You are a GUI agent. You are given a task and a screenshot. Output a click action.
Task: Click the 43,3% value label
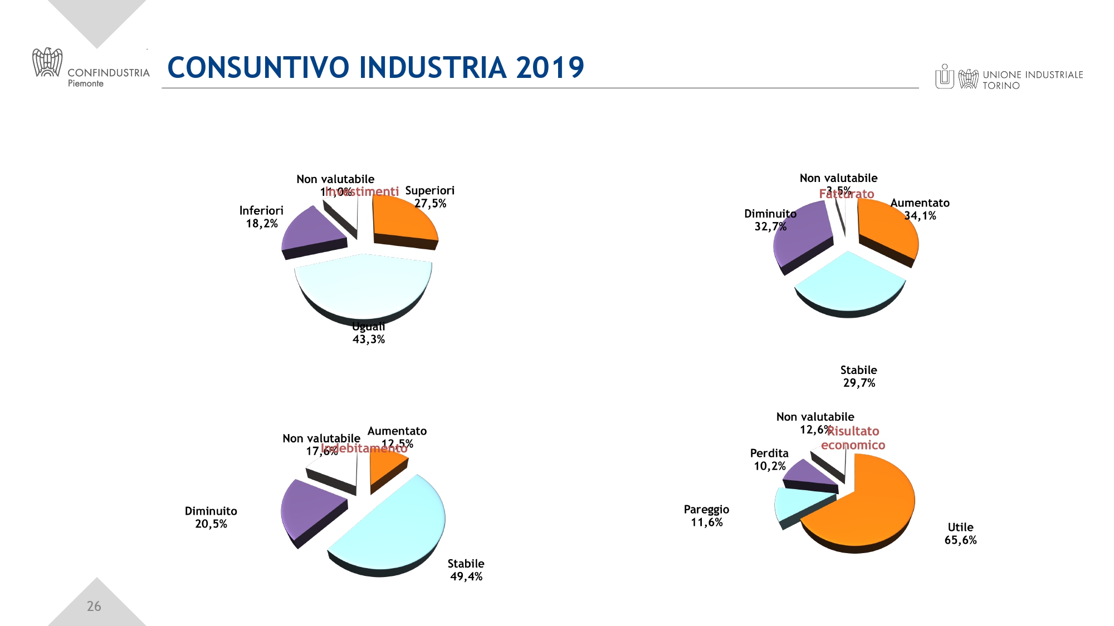pyautogui.click(x=369, y=339)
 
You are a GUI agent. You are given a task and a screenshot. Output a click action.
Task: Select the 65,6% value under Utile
pyautogui.click(x=960, y=540)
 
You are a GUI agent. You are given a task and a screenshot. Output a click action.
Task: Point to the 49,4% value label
pyautogui.click(x=466, y=577)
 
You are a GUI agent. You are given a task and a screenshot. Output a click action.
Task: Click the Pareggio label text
pyautogui.click(x=706, y=510)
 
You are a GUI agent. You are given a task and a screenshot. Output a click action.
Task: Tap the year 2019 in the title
pyautogui.click(x=550, y=68)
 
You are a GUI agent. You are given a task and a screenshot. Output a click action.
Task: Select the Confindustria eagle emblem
pyautogui.click(x=47, y=62)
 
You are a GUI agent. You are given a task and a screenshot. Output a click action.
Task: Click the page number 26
pyautogui.click(x=94, y=607)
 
